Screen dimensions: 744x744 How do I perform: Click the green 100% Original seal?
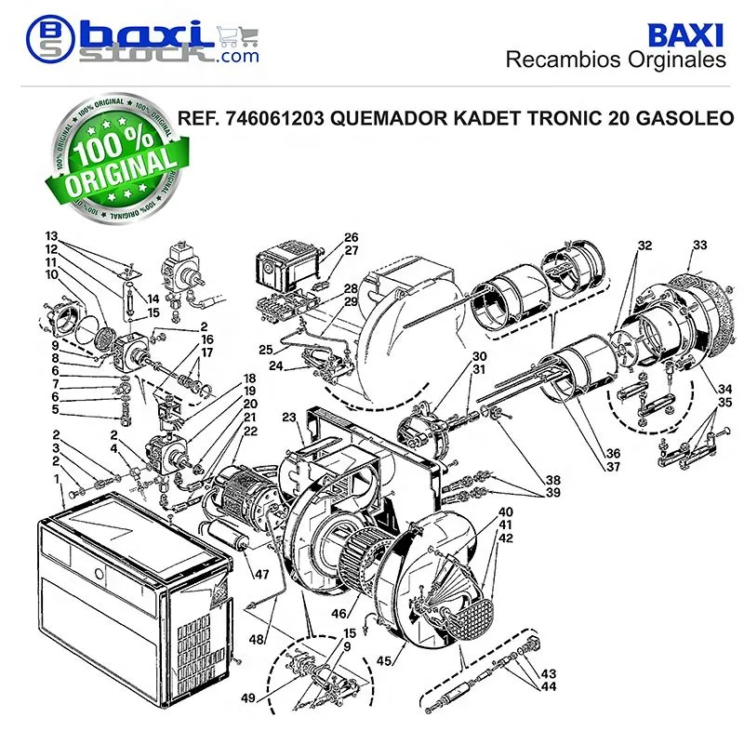coord(118,158)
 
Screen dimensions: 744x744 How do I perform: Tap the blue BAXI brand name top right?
coord(685,35)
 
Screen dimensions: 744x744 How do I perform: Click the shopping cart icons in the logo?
coord(238,36)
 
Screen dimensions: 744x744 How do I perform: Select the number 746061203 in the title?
coord(274,118)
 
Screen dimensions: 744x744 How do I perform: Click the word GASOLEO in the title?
coord(684,118)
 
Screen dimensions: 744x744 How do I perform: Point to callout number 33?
coord(700,245)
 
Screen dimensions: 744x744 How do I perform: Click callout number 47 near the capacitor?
coord(262,574)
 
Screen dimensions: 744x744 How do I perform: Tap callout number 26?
coord(352,237)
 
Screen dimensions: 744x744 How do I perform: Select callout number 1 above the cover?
coord(57,479)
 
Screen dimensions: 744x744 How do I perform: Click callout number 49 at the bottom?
coord(248,698)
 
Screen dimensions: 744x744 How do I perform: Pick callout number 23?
coord(289,417)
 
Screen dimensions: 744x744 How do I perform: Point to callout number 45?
coord(384,660)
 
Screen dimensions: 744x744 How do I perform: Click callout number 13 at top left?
coord(51,236)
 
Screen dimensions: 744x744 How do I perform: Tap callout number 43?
coord(549,673)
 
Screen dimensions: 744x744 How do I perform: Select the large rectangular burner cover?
coord(134,599)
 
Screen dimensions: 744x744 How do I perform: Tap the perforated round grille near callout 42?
coord(470,618)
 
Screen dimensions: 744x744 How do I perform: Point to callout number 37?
coord(613,467)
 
